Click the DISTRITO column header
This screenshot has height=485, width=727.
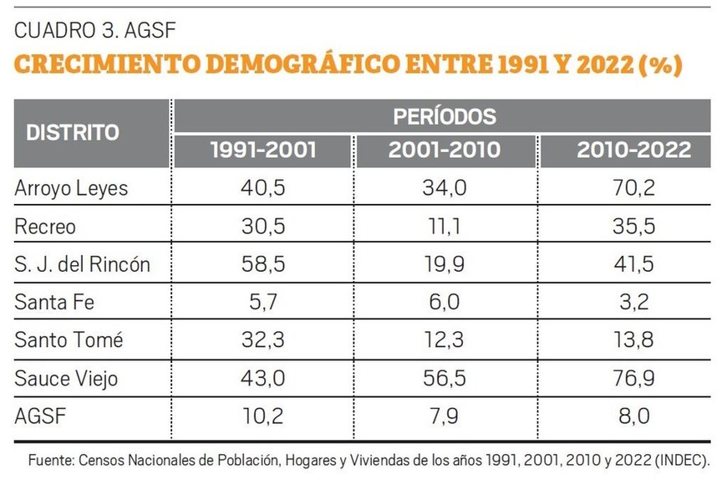click(x=73, y=132)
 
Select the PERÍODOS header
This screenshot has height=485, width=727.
click(x=444, y=115)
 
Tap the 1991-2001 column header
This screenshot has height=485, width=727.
click(x=263, y=151)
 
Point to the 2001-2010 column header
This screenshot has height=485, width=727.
click(x=444, y=151)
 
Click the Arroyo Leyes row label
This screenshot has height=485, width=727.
click(x=72, y=188)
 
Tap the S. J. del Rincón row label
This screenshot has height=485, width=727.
click(x=82, y=265)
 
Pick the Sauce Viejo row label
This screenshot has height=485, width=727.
click(x=67, y=379)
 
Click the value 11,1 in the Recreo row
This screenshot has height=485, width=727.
click(x=445, y=227)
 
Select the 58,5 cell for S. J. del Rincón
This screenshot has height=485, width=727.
click(x=263, y=265)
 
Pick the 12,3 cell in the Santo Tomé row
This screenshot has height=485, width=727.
click(x=445, y=340)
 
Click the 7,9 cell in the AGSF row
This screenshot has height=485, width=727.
click(x=445, y=417)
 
